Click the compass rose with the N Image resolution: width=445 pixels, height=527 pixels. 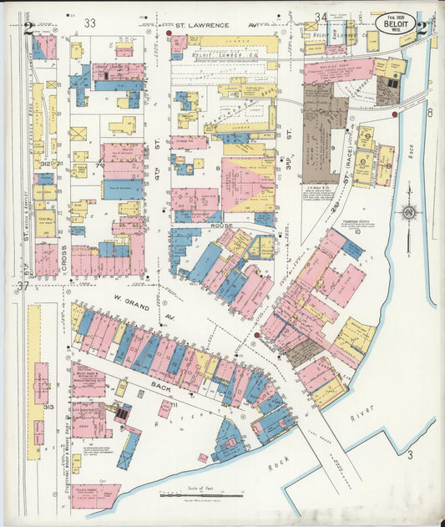coord(409,212)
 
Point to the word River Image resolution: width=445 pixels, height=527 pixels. coord(362,413)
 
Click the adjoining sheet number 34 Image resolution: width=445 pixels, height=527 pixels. coord(321,17)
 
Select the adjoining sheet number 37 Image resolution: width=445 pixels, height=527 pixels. coord(23,286)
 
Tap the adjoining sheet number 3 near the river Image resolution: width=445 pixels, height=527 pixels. coord(410,455)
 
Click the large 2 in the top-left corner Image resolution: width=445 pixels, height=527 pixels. coord(28,28)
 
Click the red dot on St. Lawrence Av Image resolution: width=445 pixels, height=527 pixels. coord(169,33)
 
